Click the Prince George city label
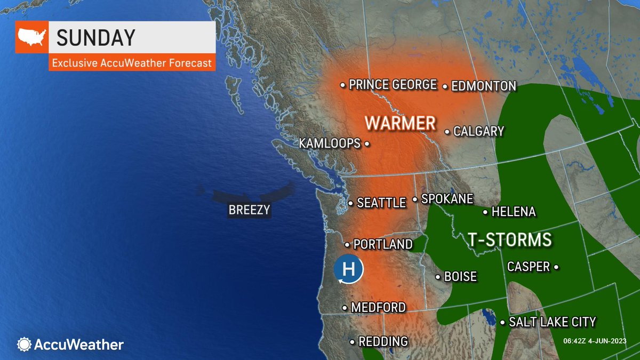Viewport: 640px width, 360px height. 393,85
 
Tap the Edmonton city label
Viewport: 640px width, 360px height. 483,86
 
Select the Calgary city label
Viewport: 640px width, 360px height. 478,131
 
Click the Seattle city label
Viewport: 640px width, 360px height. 381,203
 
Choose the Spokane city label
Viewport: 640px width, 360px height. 447,199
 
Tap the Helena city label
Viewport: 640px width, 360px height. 513,212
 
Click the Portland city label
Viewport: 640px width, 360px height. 383,244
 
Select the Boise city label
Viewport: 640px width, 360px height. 460,277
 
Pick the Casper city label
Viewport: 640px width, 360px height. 529,266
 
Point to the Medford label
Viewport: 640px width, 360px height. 378,308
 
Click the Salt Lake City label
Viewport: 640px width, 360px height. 552,322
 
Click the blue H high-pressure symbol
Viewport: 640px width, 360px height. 348,270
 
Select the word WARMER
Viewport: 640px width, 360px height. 400,123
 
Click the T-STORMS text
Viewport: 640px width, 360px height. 509,239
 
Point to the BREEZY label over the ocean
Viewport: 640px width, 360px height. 249,210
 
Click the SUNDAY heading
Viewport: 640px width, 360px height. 96,38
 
